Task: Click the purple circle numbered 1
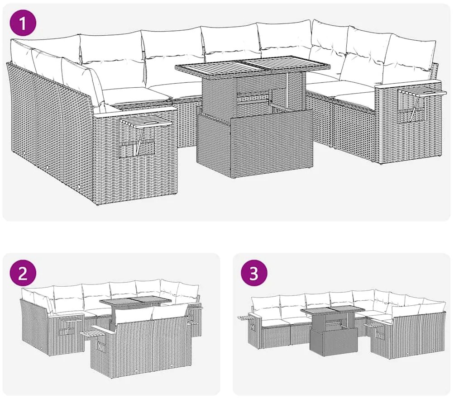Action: [x=23, y=23]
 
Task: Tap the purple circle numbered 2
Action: [x=23, y=273]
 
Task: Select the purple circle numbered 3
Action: [x=253, y=273]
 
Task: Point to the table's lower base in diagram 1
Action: [x=255, y=143]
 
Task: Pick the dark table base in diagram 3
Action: [x=334, y=340]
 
